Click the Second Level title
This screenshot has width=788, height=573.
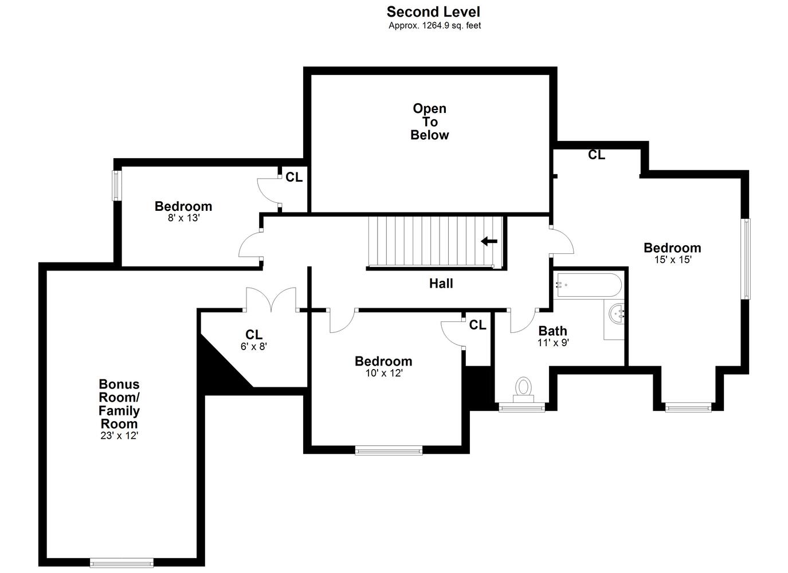coord(433,12)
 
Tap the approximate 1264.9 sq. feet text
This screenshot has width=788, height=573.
coord(434,26)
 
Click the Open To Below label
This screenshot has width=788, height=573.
coord(429,121)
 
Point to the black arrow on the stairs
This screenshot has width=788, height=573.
coord(489,241)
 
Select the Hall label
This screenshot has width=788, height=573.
coord(441,284)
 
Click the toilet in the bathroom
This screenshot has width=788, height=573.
coord(523,390)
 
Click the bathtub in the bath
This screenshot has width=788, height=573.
coord(588,285)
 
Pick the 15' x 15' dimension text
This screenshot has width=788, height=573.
coord(673,260)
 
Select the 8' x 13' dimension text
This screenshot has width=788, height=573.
coord(183,218)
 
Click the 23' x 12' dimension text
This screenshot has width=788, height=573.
coord(119,435)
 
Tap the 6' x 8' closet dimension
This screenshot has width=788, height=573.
coord(254,347)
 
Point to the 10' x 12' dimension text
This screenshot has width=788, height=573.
coord(384,373)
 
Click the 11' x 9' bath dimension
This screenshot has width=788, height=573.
coord(554,342)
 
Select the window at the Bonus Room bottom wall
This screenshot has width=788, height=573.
coord(121,563)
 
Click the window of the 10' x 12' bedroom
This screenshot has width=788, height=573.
coord(389,450)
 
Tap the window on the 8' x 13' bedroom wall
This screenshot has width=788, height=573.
coord(116,186)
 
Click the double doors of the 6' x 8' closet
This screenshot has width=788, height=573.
coord(271,299)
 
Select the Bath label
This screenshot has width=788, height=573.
coord(552,331)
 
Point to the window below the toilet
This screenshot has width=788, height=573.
coord(522,407)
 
